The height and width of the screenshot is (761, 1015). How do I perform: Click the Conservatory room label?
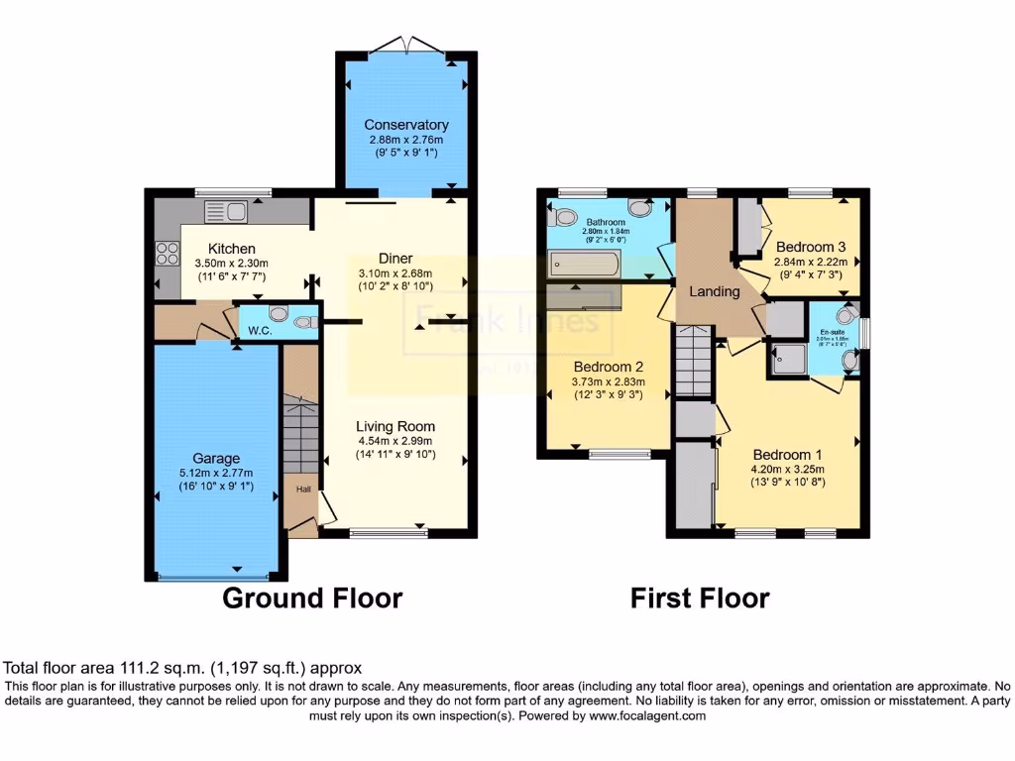[x=405, y=125]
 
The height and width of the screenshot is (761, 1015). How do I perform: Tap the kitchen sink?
[x=225, y=210]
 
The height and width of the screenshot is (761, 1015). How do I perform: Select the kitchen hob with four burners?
[x=165, y=253]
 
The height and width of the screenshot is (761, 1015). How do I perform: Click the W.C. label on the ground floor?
[x=261, y=330]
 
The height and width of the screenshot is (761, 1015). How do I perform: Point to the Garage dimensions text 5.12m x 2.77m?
[x=216, y=473]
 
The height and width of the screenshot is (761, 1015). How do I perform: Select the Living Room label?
[x=395, y=427]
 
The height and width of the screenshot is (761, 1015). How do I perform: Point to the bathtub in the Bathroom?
[x=585, y=265]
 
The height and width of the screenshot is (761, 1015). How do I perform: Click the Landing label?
[x=715, y=291]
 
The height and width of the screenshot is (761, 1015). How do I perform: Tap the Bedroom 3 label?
[x=811, y=247]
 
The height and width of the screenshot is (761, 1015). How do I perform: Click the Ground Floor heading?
[x=311, y=598]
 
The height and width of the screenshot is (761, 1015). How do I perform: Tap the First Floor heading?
[x=700, y=598]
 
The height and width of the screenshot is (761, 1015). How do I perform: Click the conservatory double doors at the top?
[x=405, y=44]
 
